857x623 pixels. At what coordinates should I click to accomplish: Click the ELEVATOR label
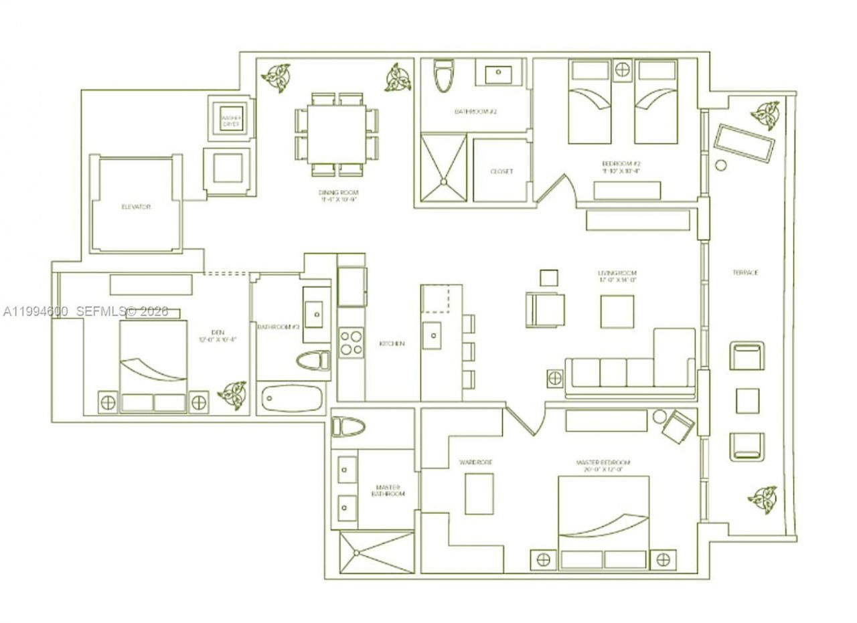[x=136, y=207]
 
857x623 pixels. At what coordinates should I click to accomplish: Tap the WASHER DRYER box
[x=231, y=120]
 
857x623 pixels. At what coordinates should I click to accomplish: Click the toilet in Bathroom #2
[x=442, y=76]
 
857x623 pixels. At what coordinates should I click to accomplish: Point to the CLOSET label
[x=501, y=171]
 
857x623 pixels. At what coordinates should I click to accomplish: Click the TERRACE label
[x=745, y=272]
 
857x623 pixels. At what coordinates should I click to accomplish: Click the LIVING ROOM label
[x=617, y=276]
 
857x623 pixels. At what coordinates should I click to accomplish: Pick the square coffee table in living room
[x=617, y=311]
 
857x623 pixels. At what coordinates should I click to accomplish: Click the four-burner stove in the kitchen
[x=351, y=343]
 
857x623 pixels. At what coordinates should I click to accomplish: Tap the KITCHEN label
[x=392, y=343]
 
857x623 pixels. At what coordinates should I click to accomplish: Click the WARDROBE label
[x=476, y=462]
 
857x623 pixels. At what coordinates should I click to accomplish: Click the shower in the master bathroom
[x=376, y=552]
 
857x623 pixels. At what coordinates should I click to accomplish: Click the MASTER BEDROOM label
[x=603, y=465]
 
